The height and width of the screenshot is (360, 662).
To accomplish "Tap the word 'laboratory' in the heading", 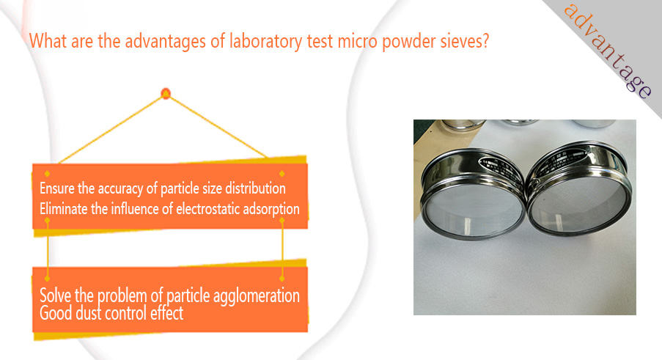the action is (x=266, y=42).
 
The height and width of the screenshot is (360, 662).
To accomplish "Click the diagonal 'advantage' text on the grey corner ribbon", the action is (x=608, y=51).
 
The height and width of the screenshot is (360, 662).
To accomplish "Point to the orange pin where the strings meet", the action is (x=166, y=93).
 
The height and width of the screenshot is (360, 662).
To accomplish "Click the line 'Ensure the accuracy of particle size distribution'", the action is (x=163, y=188).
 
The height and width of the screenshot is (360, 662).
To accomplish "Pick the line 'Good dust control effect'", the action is (x=111, y=314).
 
